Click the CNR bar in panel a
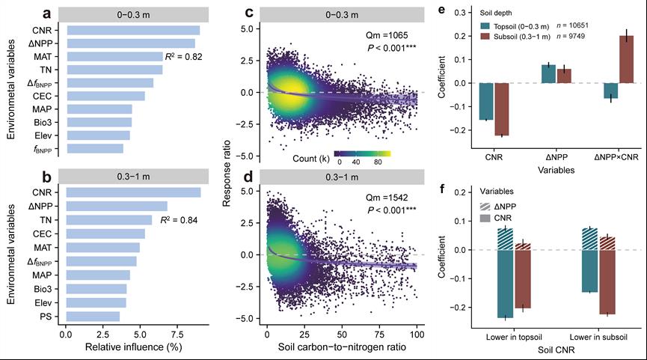(x=133, y=30)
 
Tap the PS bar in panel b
(x=93, y=316)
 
